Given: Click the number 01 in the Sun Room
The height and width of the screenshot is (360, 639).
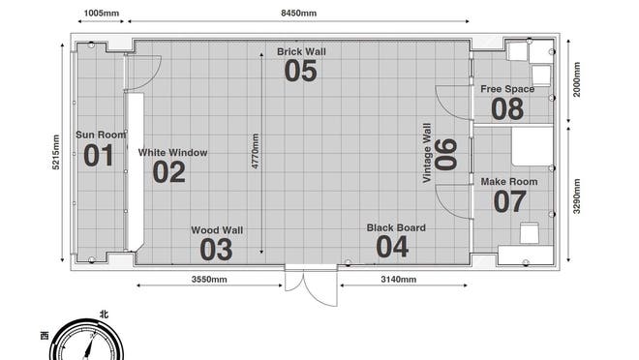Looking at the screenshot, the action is pos(99,156).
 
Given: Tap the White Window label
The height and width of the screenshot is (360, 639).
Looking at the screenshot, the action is pos(172,153).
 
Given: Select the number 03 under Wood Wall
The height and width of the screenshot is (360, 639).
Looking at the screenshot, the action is pos(216,250).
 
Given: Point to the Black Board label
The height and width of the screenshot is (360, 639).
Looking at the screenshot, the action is pos(396,227).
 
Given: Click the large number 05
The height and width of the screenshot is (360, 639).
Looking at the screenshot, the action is pos(301,71).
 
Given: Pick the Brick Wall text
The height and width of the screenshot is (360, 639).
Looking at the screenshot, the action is pos(301,51).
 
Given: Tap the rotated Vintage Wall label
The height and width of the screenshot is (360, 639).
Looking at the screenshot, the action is pos(427,153).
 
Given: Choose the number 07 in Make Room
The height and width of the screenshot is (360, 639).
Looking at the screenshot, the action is pos(510,201).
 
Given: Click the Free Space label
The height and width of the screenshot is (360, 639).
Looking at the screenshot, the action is pos(507,89).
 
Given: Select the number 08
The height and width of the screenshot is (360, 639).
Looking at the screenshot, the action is pos(507,108).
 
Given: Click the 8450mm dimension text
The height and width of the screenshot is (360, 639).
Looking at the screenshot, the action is pos(299,13).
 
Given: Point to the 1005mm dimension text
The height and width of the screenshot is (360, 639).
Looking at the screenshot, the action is pos(102,13).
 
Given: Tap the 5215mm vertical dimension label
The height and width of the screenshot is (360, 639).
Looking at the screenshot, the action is pos(56,152).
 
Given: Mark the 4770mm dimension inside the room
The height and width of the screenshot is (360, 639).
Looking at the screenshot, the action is pos(255,151).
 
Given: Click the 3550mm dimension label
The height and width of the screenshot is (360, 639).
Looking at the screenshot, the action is pos(209,280).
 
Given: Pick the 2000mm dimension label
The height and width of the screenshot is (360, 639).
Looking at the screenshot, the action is pos(577,79).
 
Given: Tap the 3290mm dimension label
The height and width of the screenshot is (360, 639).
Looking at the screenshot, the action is pos(577,196).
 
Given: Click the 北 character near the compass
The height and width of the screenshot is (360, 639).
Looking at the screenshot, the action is pos(105,315).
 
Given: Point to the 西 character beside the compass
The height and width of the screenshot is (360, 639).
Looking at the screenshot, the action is pos(45,336).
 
